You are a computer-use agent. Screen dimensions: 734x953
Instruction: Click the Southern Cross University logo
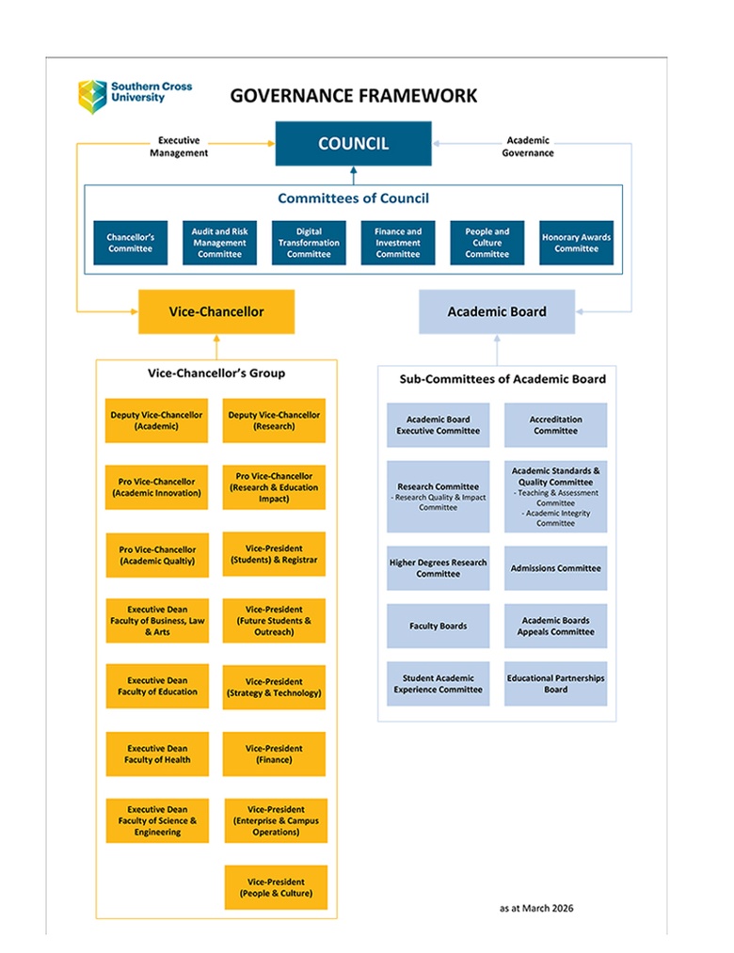coord(135,96)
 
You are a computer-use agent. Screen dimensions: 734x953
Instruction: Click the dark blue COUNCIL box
coord(353,143)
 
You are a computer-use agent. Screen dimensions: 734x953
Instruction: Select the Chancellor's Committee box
coord(131,243)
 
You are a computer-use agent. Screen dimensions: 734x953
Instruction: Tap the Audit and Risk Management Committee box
coord(219,243)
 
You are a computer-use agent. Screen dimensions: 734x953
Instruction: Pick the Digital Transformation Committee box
coord(309,243)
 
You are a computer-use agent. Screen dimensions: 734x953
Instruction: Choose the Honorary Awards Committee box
coord(577,243)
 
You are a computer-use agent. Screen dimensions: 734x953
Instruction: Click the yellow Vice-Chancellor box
coord(216,311)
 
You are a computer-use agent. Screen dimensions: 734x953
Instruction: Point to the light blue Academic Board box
coord(497,311)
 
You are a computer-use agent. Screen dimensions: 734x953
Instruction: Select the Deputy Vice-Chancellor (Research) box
coord(274,421)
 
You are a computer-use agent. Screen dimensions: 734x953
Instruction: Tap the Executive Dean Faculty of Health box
coord(157,754)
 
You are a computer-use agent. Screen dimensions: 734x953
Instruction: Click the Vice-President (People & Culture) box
coord(276,887)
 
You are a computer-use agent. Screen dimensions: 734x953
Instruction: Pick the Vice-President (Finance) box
coord(274,754)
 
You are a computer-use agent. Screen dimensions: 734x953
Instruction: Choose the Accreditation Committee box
coord(556,425)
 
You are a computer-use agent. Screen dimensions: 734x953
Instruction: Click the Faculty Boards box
coord(439,626)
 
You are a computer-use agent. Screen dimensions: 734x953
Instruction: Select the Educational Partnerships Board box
coord(556,684)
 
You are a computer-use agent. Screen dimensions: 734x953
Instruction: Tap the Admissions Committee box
coord(556,568)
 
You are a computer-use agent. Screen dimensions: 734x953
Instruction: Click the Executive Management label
coord(179,147)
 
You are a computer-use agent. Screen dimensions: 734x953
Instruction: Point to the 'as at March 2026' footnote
coord(536,908)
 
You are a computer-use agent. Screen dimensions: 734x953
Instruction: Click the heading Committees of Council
coord(353,199)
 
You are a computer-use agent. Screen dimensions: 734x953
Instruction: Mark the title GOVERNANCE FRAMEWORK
coord(353,96)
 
